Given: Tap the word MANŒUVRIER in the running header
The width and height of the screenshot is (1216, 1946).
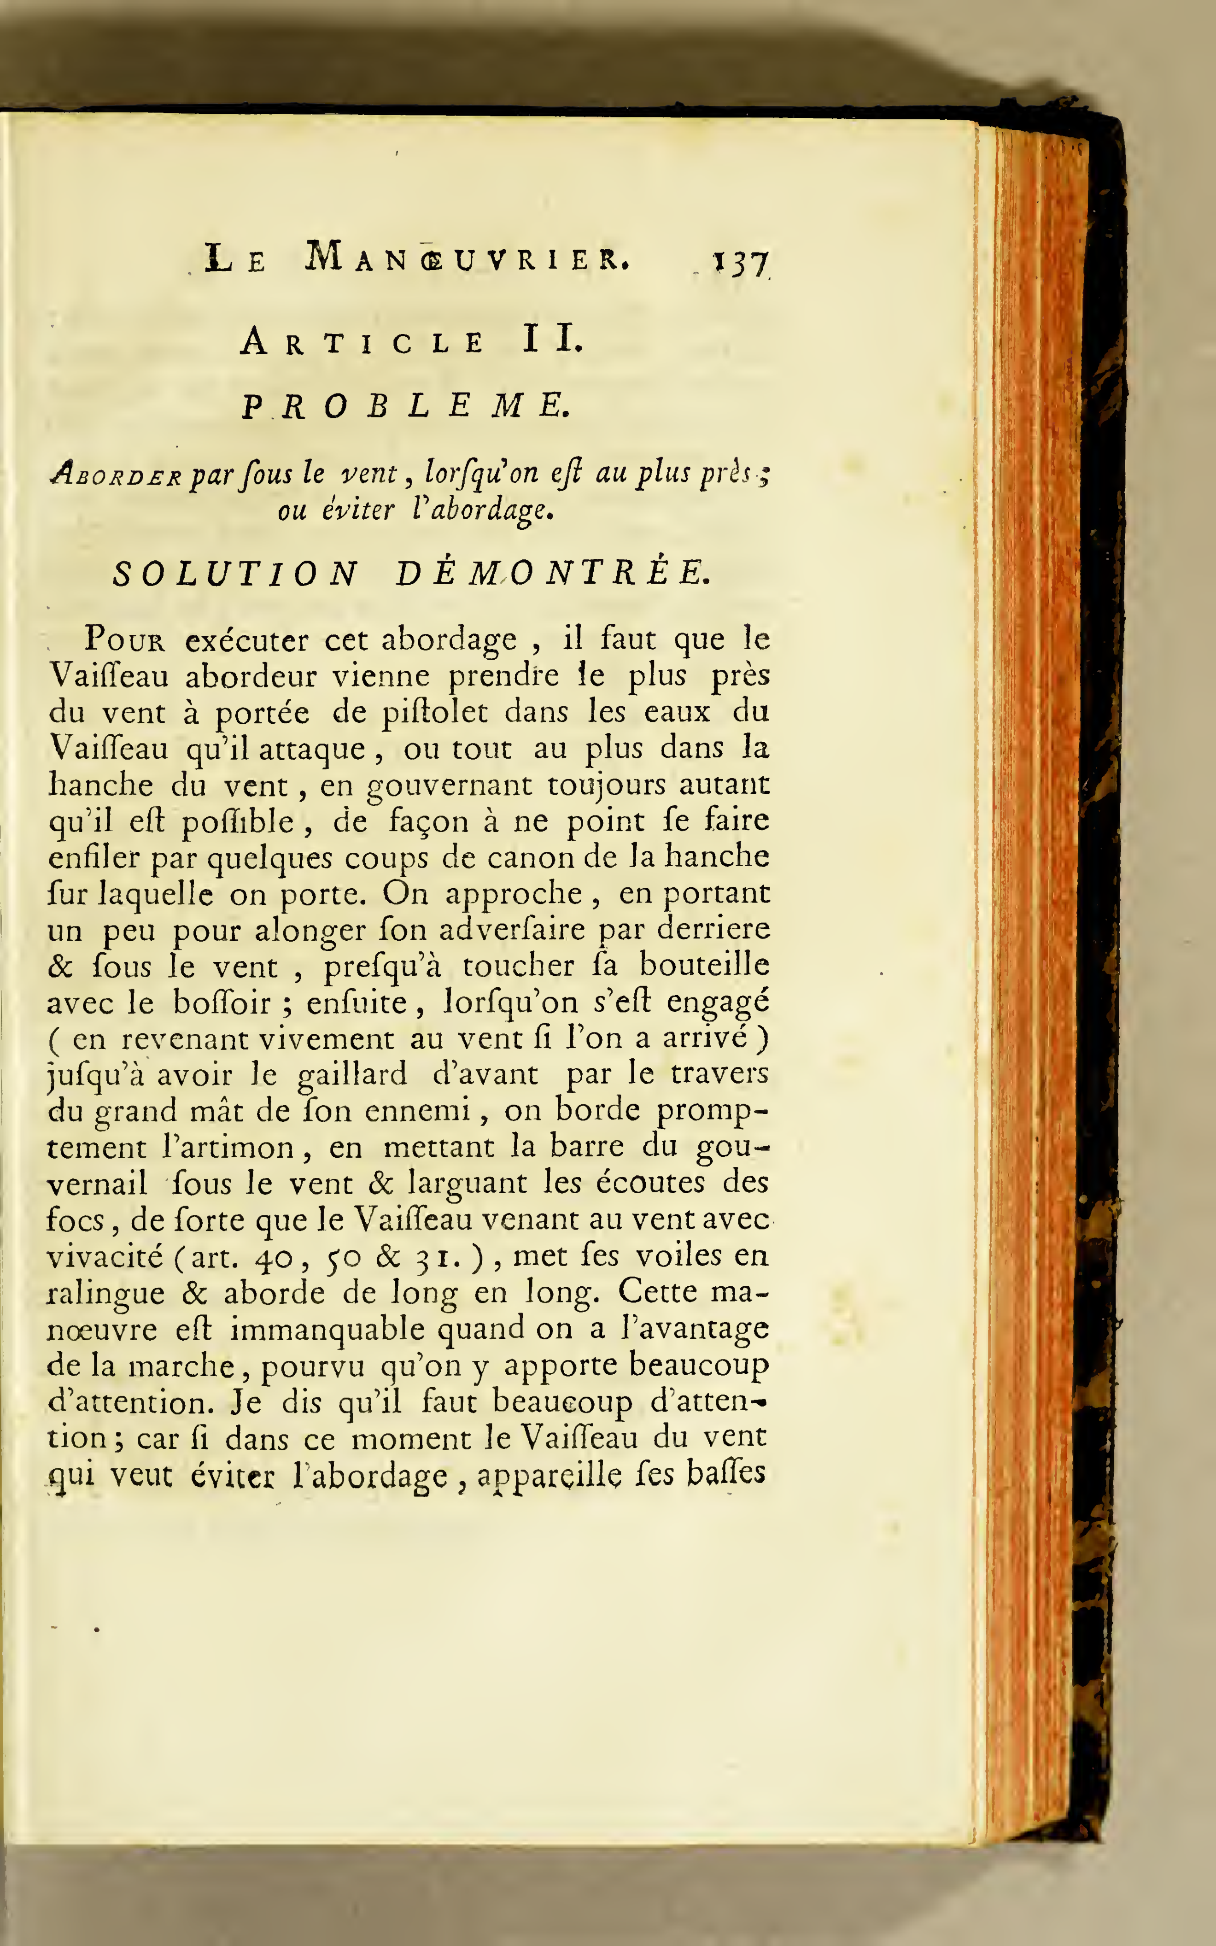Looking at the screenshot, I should coord(467,258).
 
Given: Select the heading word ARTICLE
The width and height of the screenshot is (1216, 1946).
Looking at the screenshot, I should coord(362,343).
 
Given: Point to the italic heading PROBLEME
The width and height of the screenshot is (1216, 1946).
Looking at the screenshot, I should coord(406,406).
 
